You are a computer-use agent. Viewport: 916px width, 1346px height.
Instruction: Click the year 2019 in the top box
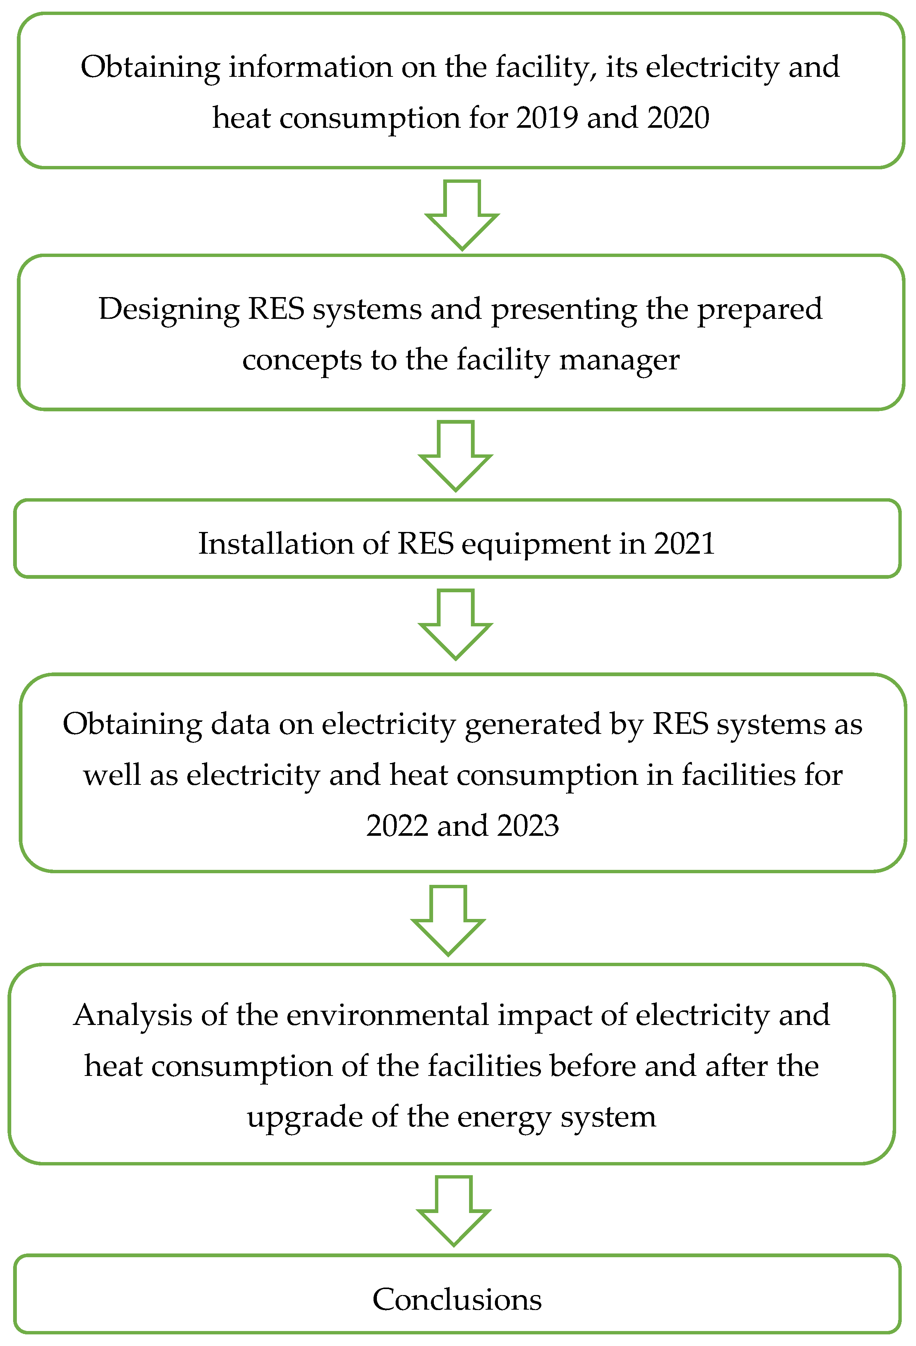click(547, 118)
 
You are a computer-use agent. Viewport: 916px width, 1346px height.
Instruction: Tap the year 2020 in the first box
click(678, 118)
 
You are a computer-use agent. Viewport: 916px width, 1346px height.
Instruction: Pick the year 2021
click(684, 544)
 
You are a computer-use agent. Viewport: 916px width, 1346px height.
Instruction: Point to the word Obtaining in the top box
click(150, 68)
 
